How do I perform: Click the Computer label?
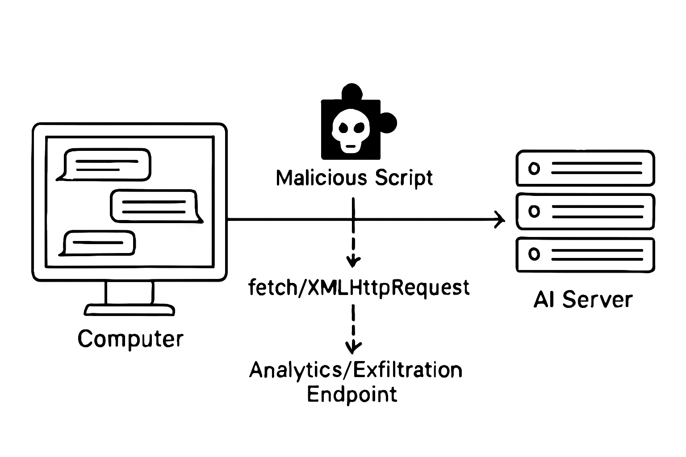point(130,339)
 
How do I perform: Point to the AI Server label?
point(583,299)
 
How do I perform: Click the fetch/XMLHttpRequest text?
point(359,287)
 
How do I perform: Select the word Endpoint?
point(352,394)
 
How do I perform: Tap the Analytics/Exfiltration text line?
point(356,370)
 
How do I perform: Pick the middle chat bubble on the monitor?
point(155,206)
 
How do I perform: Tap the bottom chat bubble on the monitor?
point(99,243)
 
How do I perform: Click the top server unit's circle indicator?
point(534,169)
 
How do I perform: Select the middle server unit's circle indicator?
point(534,211)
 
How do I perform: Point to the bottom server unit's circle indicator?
point(534,254)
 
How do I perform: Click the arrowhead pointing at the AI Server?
point(501,220)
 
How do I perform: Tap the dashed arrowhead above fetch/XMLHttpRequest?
point(353,261)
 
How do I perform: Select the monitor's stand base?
point(130,310)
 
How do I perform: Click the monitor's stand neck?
point(130,292)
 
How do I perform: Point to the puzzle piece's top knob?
point(351,92)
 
